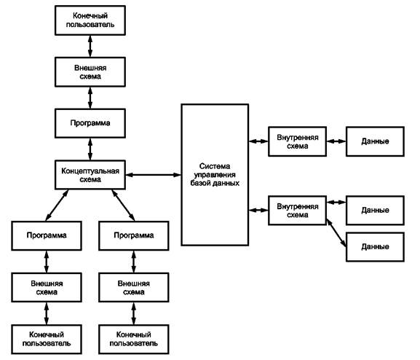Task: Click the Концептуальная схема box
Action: click(90, 175)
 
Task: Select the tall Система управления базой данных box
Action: click(215, 175)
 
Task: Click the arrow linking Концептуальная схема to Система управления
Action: click(153, 175)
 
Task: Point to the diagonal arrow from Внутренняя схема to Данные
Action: click(336, 233)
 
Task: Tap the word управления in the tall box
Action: click(215, 175)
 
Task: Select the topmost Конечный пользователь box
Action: click(90, 20)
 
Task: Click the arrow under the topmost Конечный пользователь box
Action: click(90, 46)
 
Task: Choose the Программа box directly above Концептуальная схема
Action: click(90, 123)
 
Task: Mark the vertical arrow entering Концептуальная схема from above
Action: click(90, 149)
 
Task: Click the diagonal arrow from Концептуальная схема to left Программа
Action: click(57, 206)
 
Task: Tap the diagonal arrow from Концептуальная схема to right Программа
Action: click(123, 206)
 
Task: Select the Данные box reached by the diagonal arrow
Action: click(375, 247)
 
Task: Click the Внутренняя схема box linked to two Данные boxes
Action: click(297, 211)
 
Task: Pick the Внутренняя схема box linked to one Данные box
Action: click(297, 141)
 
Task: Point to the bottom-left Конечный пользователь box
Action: click(47, 339)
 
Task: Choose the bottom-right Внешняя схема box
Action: click(134, 288)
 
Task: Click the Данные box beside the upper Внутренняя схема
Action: click(375, 141)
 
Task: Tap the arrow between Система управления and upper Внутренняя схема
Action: click(258, 141)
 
